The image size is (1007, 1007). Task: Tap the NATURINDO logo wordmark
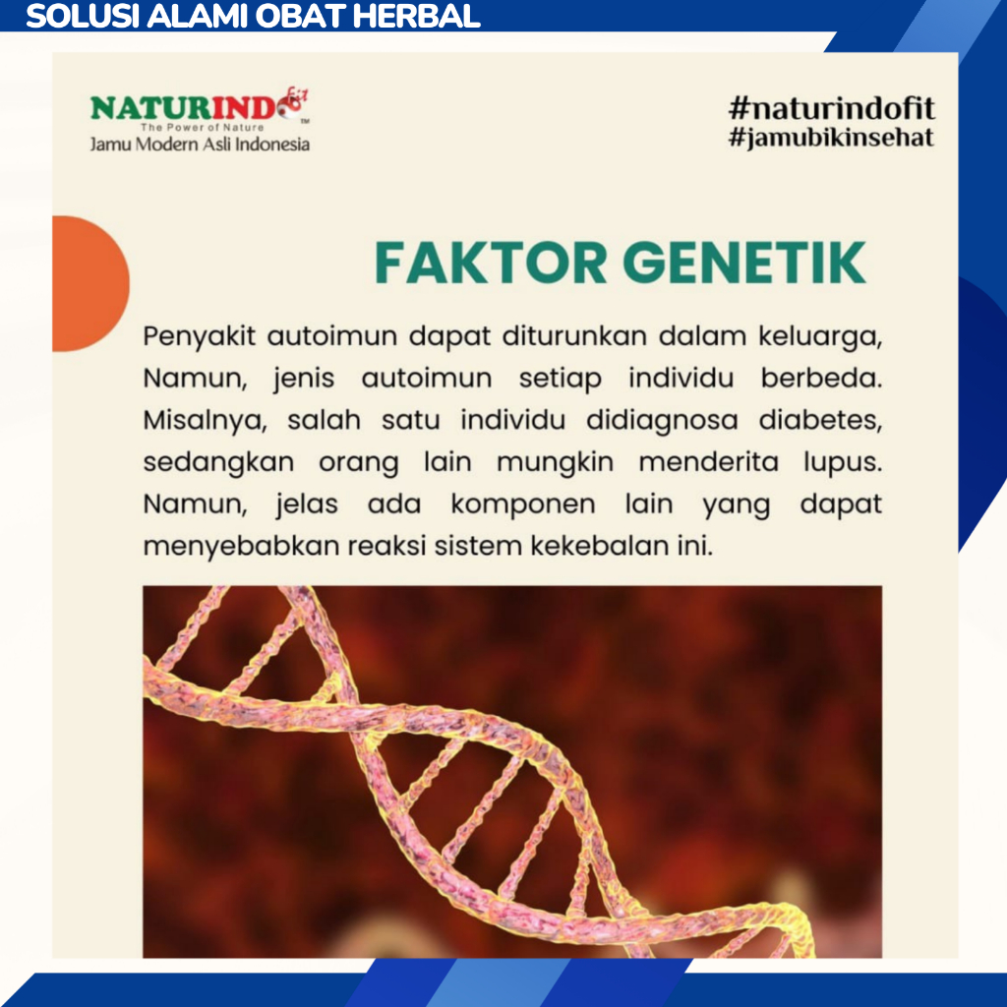tap(199, 106)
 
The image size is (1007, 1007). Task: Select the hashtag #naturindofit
tap(832, 108)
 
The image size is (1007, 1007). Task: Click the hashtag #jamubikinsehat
tap(832, 138)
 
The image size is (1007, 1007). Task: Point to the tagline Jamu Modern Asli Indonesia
tap(200, 144)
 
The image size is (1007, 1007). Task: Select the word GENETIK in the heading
tap(744, 263)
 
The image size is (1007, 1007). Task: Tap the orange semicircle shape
tap(90, 283)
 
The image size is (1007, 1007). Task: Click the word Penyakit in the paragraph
tap(199, 336)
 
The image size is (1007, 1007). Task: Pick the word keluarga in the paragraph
tap(820, 336)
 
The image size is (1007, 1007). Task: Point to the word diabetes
tap(820, 420)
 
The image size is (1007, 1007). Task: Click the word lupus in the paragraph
tap(843, 462)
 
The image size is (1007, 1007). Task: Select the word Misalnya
tap(205, 421)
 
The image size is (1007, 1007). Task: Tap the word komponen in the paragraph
tap(523, 504)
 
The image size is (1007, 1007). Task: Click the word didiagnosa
tap(662, 421)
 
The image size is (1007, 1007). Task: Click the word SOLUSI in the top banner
tap(83, 16)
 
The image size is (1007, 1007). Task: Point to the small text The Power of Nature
tap(202, 127)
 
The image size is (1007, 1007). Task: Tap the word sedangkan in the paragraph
tap(218, 463)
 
